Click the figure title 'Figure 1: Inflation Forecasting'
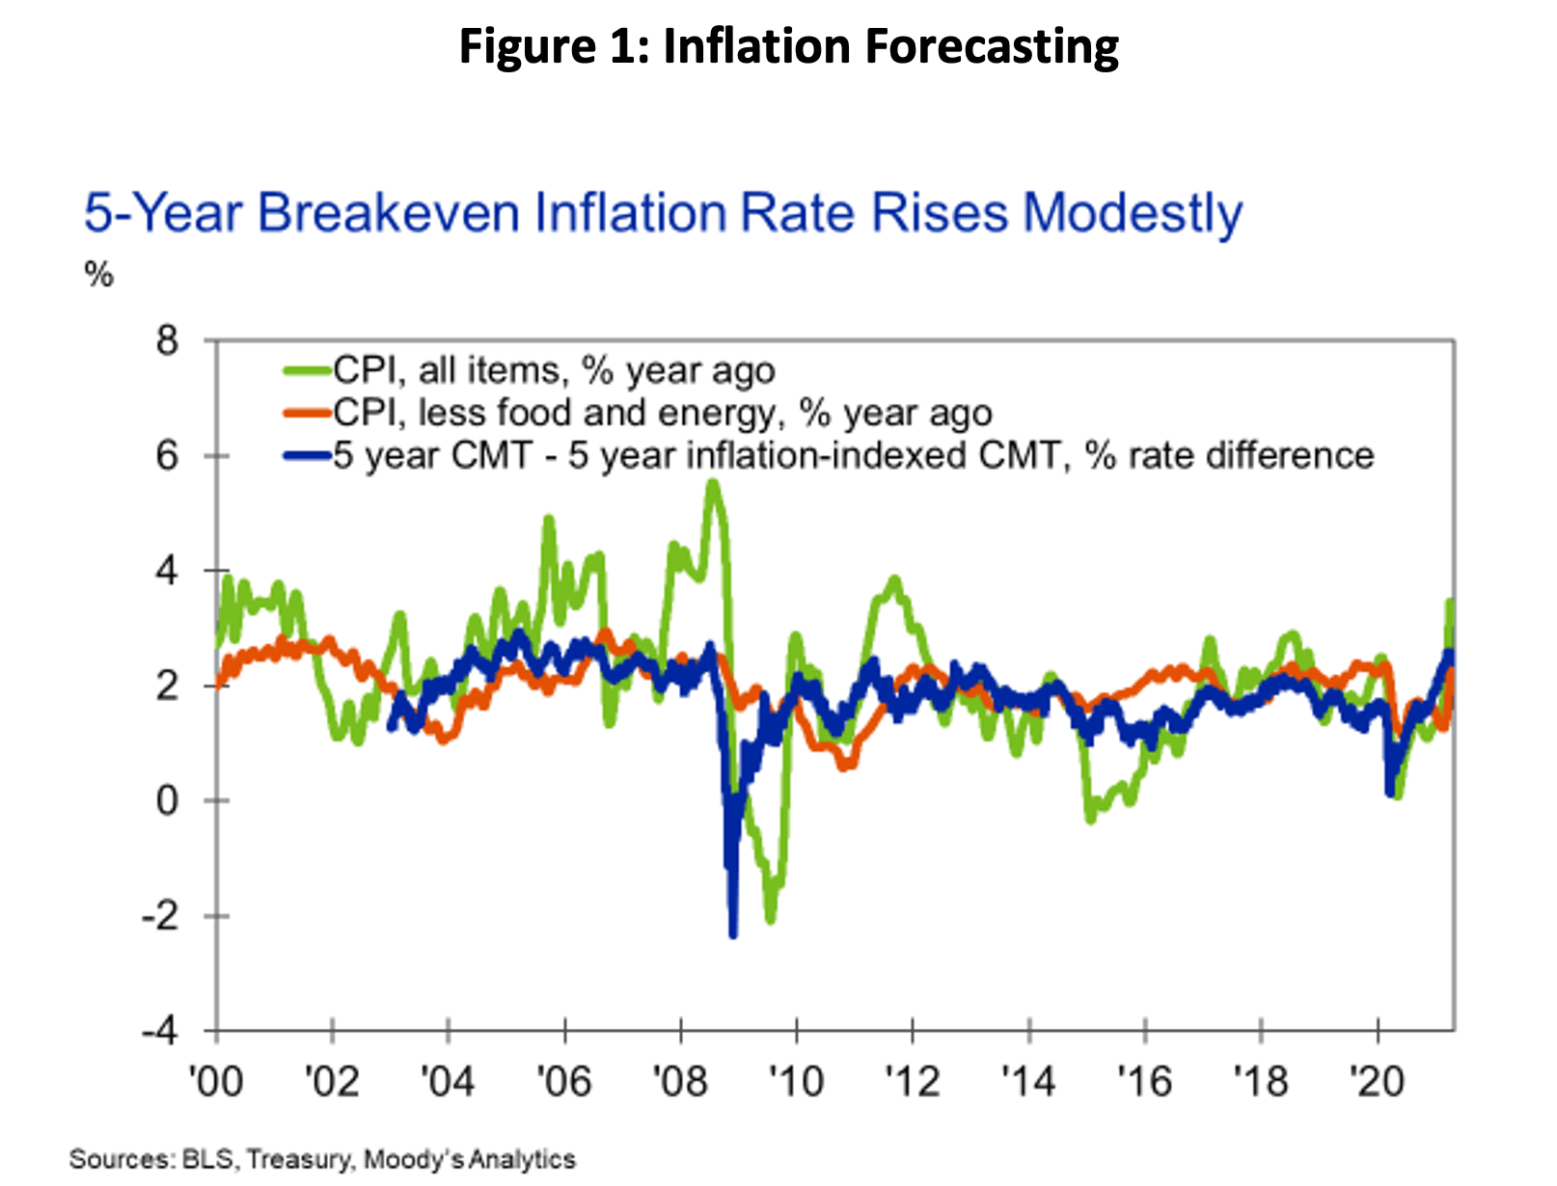(788, 46)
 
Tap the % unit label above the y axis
(98, 275)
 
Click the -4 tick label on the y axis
(160, 1031)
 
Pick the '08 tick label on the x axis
(680, 1081)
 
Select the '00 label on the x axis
(216, 1081)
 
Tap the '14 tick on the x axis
(1028, 1081)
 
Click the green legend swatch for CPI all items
(307, 370)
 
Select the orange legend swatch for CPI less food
(307, 413)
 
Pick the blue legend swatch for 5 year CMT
(307, 455)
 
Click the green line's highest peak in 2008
(713, 483)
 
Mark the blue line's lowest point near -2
(733, 933)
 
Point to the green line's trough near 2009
(770, 919)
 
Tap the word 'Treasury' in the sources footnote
(299, 1159)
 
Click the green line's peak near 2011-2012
(893, 580)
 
